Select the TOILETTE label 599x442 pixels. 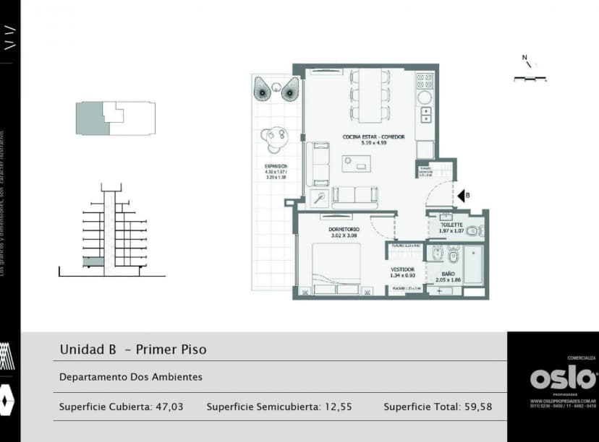(451, 225)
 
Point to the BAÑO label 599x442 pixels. (449, 274)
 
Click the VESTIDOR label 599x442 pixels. (402, 269)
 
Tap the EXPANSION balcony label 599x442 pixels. (276, 166)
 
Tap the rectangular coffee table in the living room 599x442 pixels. (355, 164)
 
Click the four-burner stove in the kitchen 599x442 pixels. (424, 80)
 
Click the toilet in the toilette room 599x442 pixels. (474, 231)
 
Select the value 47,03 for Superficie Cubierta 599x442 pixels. (169, 407)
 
